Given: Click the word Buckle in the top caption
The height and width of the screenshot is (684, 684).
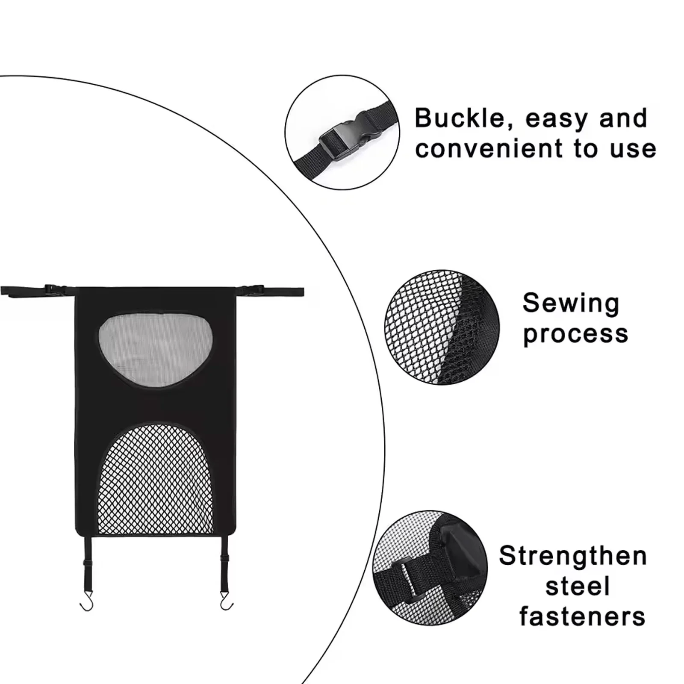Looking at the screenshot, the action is [x=460, y=118].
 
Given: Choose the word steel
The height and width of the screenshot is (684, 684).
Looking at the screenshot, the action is [x=578, y=586].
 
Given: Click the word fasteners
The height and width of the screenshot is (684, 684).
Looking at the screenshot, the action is [x=582, y=616].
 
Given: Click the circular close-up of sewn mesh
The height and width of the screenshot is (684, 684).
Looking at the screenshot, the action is [x=442, y=327].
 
